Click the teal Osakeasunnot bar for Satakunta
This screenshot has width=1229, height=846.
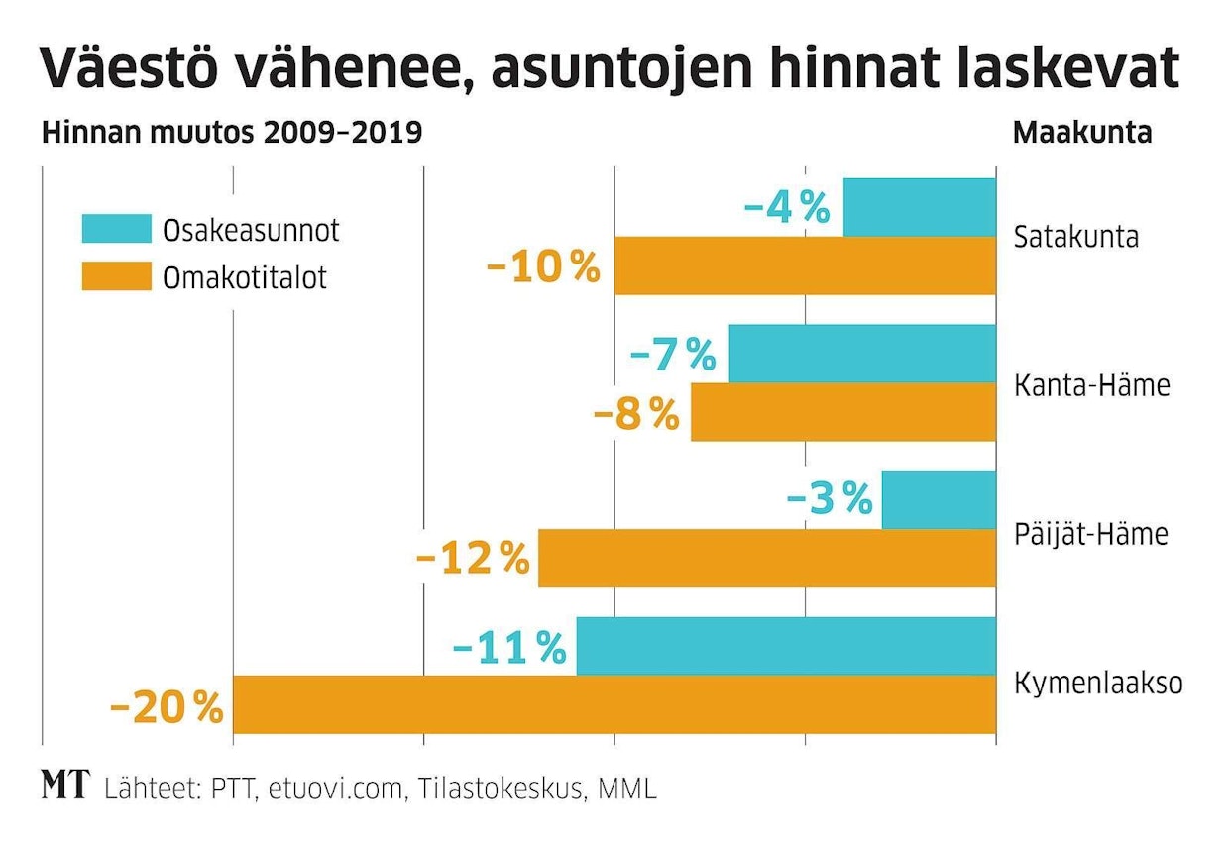tap(919, 207)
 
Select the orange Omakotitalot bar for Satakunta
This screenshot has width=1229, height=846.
tap(805, 265)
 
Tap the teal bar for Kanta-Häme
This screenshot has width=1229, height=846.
tap(861, 354)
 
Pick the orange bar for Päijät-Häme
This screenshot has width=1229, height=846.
tap(766, 558)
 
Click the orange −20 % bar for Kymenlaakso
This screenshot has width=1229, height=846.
tap(614, 704)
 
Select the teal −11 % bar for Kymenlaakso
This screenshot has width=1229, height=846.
tap(785, 646)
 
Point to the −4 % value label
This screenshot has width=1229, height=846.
tap(786, 207)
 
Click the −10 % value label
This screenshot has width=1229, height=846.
tap(543, 266)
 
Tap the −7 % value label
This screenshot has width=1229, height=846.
tap(672, 355)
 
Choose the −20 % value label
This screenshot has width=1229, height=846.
tap(167, 706)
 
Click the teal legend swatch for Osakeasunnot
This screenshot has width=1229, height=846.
tap(116, 229)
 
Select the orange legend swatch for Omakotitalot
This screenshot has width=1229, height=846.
tap(116, 276)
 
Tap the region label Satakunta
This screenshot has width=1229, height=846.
tap(1075, 238)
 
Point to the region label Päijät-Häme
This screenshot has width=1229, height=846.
tap(1090, 534)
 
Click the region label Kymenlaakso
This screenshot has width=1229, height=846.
tap(1098, 684)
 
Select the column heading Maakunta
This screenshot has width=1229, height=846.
tap(1081, 133)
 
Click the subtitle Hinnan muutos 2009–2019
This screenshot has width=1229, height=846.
tap(232, 133)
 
